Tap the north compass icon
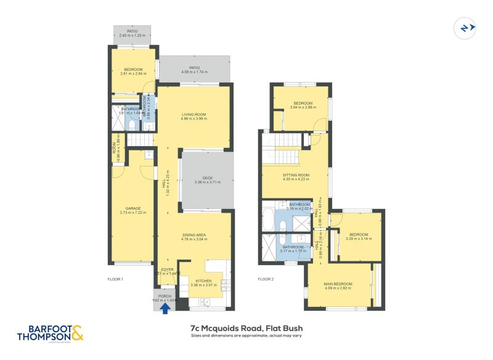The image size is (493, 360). pos(465,27)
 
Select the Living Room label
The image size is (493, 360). pos(194,115)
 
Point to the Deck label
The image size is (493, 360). pos(207,178)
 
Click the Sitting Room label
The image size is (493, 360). pos(295,175)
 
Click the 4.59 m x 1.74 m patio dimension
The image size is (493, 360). pos(194,72)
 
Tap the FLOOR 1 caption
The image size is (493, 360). pos(115,279)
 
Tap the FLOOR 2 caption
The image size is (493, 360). pos(266,279)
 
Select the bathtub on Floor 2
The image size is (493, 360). pos(268,217)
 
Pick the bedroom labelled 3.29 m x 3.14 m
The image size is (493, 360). pos(358,237)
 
